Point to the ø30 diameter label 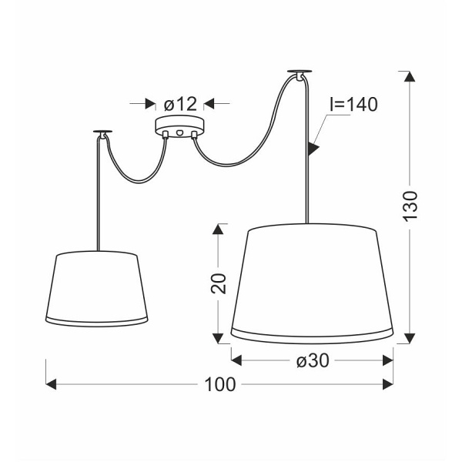click(x=313, y=360)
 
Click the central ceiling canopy click(x=179, y=127)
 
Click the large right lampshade click(x=313, y=282)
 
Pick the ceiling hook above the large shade click(x=298, y=74)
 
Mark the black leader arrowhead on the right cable click(x=313, y=147)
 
